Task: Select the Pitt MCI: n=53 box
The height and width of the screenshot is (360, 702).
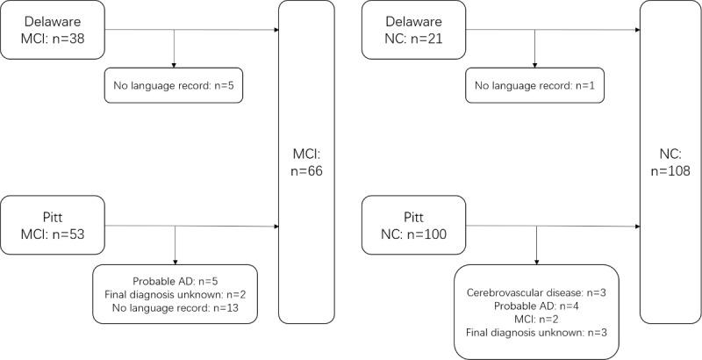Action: point(54,226)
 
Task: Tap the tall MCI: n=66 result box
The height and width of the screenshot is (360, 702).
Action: point(306,161)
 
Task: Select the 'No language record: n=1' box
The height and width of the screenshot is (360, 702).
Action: point(533,85)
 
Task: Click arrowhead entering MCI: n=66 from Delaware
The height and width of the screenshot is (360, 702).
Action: point(276,32)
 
